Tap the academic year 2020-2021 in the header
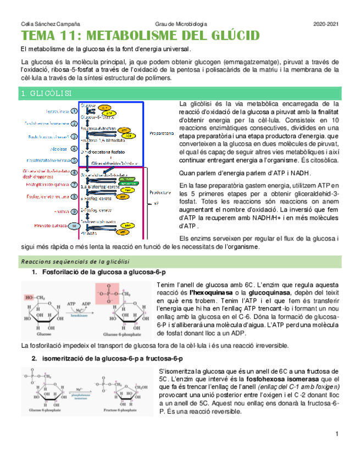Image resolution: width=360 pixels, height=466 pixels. (326, 24)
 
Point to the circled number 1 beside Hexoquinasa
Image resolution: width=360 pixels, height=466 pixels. (74, 111)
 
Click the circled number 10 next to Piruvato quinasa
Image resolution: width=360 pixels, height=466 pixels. (74, 225)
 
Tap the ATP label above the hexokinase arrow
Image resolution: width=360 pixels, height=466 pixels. (71, 303)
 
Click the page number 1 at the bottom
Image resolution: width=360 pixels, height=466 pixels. (336, 435)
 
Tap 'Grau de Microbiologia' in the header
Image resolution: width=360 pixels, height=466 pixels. (181, 24)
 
